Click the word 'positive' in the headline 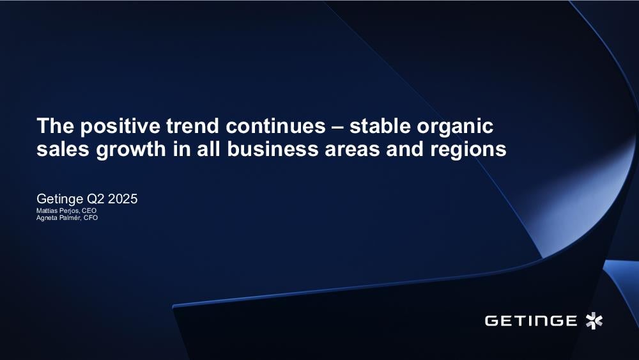(x=120, y=127)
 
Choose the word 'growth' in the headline (x=131, y=150)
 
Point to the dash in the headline (x=338, y=127)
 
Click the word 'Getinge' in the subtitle (x=60, y=200)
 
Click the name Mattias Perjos (x=58, y=211)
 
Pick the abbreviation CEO (x=89, y=211)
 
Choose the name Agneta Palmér (x=59, y=217)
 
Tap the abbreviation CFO (x=91, y=217)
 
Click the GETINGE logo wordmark (x=530, y=320)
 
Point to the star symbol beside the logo (x=594, y=320)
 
